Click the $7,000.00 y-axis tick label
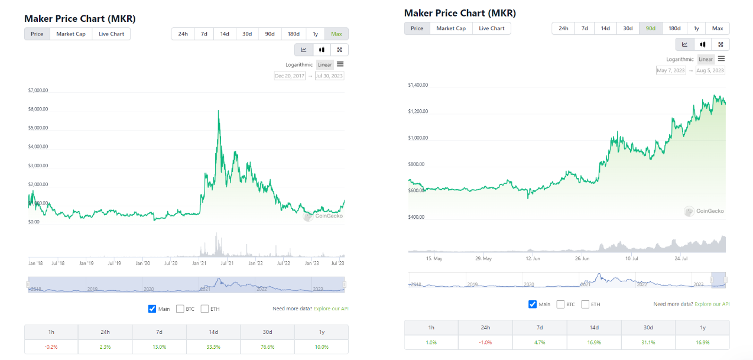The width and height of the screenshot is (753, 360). [38, 91]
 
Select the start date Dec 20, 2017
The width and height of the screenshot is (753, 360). [290, 76]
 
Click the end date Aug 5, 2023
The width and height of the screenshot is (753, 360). [710, 70]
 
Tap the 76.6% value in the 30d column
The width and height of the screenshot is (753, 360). [267, 346]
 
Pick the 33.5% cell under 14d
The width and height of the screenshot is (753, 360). [213, 346]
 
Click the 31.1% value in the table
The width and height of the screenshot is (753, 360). [648, 342]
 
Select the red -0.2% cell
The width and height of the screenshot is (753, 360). [51, 346]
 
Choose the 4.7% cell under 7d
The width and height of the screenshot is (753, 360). [540, 342]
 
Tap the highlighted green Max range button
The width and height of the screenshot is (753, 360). [336, 34]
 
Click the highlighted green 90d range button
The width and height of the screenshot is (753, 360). [650, 28]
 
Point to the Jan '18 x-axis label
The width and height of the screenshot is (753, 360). [35, 263]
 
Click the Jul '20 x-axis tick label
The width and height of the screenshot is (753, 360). [171, 263]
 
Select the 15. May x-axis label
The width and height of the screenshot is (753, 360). [434, 258]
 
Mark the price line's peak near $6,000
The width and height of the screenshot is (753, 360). [219, 111]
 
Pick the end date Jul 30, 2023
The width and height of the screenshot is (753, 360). [330, 76]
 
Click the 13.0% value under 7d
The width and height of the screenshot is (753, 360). [159, 346]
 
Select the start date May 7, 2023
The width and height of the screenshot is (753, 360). [671, 70]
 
